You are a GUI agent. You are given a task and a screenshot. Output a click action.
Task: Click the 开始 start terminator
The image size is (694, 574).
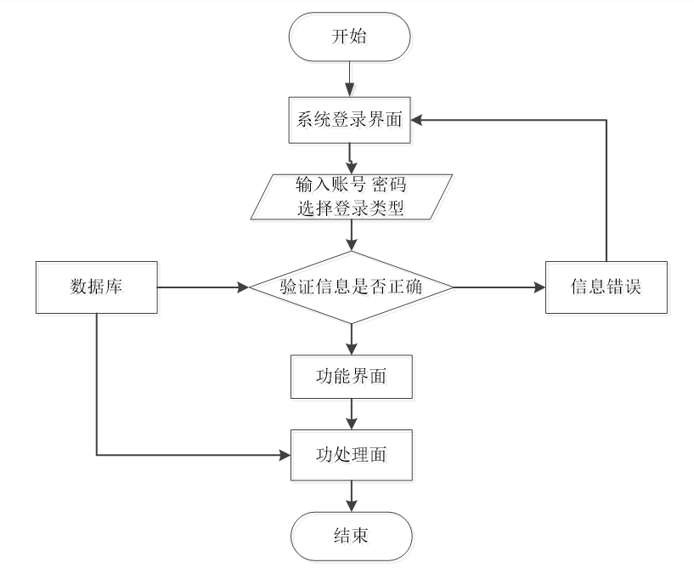[351, 37]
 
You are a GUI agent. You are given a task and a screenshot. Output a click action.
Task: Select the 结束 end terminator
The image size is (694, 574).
[351, 536]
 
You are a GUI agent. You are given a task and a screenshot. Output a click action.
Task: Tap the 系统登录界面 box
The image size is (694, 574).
[351, 120]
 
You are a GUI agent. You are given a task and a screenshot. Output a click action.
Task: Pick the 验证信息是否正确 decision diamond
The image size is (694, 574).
[351, 287]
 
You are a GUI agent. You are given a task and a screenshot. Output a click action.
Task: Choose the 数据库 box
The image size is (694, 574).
[96, 287]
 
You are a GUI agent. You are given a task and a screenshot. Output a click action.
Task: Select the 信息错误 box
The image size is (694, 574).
[605, 287]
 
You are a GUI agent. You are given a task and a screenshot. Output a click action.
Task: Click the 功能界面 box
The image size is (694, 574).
[351, 376]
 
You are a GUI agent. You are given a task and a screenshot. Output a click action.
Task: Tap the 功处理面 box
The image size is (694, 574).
[351, 455]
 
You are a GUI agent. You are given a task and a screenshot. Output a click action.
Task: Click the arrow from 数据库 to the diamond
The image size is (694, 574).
[204, 287]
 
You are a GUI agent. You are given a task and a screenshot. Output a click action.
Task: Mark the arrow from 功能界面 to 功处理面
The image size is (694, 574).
[351, 414]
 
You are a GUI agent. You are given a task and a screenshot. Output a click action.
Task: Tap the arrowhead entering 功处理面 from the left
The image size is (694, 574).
[284, 455]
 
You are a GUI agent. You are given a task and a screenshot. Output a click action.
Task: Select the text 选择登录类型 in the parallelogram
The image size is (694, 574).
[349, 207]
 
